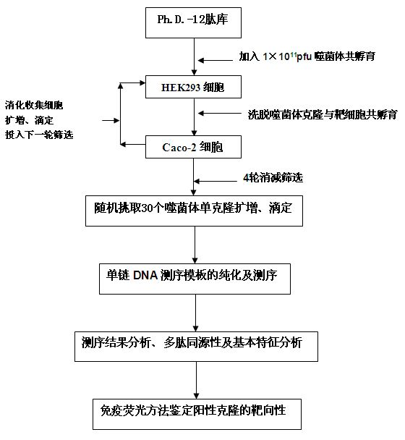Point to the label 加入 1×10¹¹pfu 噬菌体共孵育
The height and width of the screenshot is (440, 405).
tap(307, 56)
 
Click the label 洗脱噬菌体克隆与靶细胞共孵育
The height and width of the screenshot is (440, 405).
tap(323, 114)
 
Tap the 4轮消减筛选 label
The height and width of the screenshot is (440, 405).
tap(273, 177)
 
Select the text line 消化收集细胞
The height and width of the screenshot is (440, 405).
tap(34, 105)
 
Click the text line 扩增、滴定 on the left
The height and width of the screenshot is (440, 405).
tap(29, 120)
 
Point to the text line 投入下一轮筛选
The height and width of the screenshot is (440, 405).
tap(39, 135)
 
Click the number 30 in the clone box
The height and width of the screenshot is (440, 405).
tap(148, 208)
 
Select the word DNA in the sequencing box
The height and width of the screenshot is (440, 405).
tap(145, 275)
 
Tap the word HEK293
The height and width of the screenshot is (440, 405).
tap(181, 88)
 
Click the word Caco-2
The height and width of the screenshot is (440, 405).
tap(179, 148)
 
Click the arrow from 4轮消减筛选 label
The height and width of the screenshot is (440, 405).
tap(216, 181)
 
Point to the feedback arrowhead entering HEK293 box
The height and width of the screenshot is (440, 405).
tap(142, 82)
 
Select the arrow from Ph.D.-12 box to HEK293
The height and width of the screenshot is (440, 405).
tap(194, 56)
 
